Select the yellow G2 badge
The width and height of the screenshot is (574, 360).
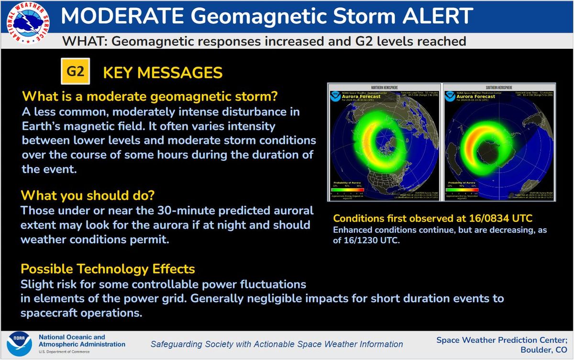(75, 72)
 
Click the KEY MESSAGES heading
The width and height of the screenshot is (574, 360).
(163, 73)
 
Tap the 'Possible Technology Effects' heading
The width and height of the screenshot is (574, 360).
(108, 269)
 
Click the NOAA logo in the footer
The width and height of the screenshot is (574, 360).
(20, 345)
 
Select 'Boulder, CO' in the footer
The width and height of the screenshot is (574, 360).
(544, 350)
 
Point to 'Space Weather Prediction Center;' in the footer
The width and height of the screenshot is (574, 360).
(502, 339)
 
